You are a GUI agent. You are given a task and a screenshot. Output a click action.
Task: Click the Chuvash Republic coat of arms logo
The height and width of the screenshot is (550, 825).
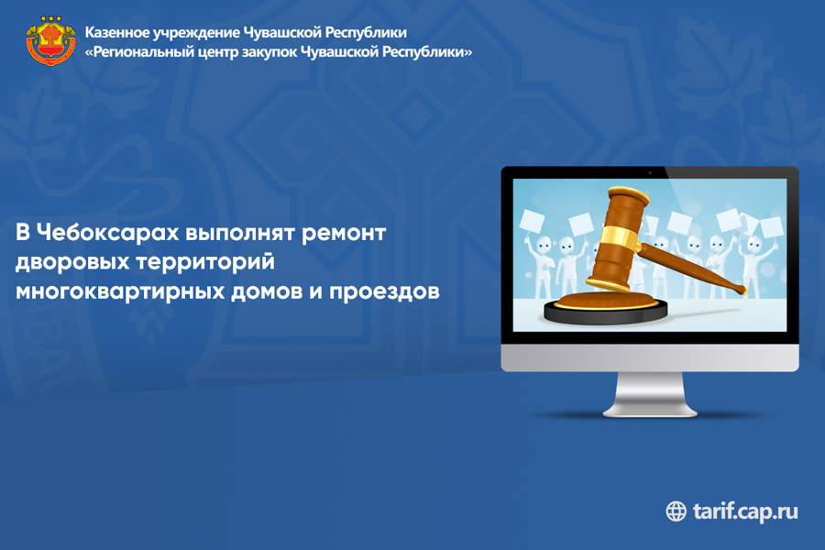(51, 40)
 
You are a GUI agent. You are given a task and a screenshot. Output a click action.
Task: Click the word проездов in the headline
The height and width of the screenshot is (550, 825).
(384, 291)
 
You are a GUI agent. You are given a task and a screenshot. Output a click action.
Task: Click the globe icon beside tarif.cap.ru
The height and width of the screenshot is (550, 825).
(676, 511)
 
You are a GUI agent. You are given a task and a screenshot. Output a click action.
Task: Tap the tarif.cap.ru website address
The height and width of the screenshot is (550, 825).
(745, 511)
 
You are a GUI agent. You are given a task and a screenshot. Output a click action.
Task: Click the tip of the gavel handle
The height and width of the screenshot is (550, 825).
(742, 290)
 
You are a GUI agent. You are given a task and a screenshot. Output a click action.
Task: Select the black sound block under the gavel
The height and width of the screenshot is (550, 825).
(606, 311)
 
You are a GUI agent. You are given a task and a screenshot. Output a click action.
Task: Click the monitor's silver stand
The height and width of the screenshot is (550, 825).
(650, 394)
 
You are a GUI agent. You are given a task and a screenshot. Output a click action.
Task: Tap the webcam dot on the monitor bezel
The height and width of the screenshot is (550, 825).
(650, 172)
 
